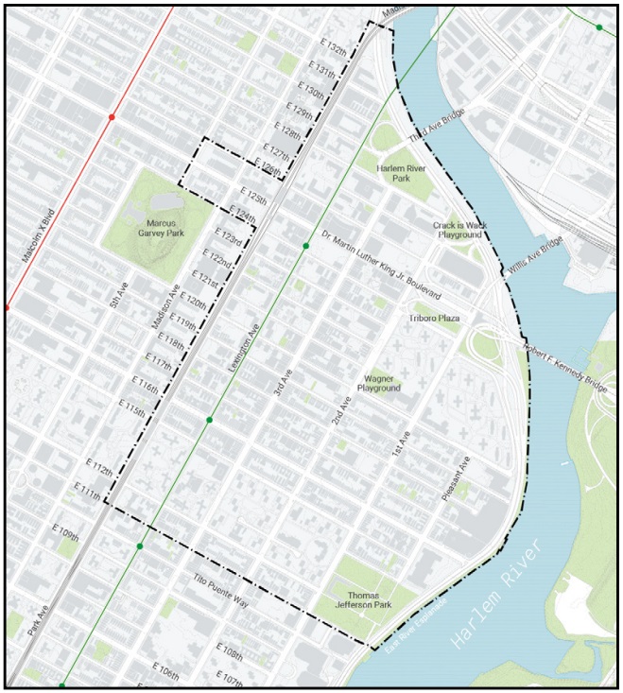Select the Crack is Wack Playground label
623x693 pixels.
[x=458, y=230]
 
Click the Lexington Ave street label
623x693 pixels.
[x=242, y=345]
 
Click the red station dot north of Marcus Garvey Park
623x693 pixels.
[x=112, y=117]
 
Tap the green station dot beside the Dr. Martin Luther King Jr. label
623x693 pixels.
[x=305, y=246]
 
